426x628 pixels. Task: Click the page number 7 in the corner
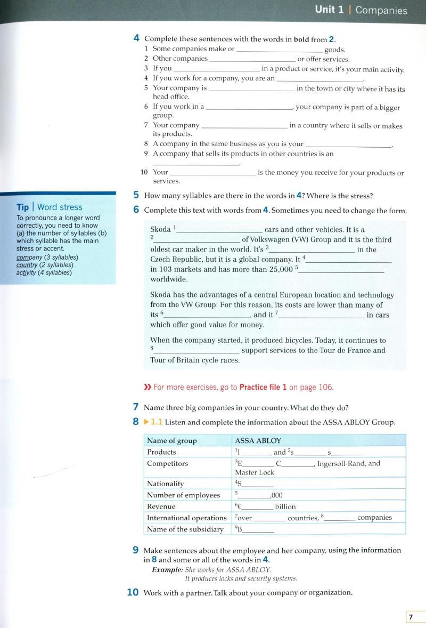(x=411, y=617)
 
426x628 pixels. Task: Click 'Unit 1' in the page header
(x=329, y=10)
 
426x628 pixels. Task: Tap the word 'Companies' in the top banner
(x=381, y=10)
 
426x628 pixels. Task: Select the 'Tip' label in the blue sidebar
(x=22, y=207)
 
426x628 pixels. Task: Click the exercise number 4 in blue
(x=137, y=38)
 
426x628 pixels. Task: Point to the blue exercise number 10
(x=133, y=592)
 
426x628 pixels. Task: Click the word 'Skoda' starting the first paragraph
(x=160, y=229)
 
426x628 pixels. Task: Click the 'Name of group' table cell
(x=171, y=441)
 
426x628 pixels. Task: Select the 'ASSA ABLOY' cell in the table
(x=258, y=441)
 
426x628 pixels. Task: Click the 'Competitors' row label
(x=167, y=463)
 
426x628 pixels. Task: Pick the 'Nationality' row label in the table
(x=165, y=484)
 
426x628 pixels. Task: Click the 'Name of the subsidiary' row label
(x=185, y=529)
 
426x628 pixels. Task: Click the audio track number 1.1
(x=157, y=422)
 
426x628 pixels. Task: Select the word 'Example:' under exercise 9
(x=167, y=569)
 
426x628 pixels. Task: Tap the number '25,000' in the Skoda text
(x=281, y=269)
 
